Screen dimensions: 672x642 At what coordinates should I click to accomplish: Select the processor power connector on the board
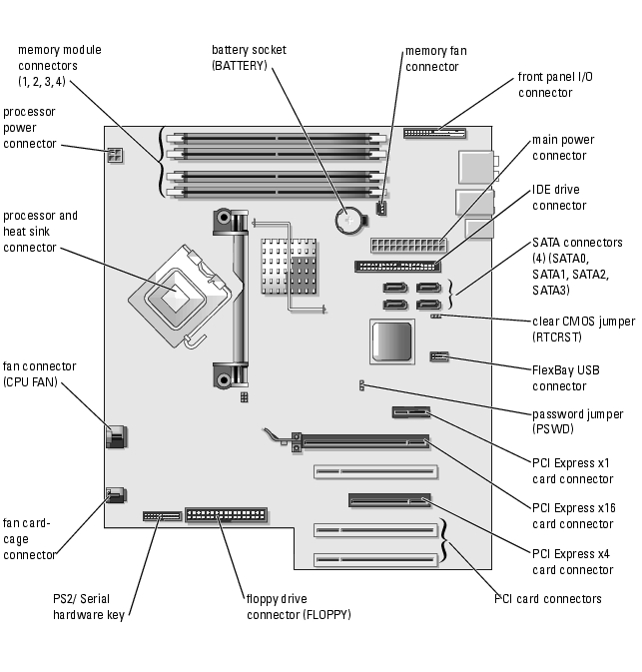114,156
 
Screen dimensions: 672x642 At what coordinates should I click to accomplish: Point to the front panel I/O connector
434,132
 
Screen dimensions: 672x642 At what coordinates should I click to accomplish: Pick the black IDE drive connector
396,267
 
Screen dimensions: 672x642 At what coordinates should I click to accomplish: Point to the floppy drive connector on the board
227,515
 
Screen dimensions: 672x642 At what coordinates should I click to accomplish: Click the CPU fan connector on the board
115,436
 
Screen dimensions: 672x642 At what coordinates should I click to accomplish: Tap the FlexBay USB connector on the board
439,355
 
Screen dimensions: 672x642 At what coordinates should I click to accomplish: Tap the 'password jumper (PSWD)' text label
578,421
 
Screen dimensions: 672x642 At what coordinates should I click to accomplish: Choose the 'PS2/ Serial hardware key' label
88,607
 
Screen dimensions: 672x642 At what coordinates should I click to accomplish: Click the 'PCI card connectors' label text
548,598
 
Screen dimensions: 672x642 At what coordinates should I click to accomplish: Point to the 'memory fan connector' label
435,58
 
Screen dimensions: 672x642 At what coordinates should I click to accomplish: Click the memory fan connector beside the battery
381,209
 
